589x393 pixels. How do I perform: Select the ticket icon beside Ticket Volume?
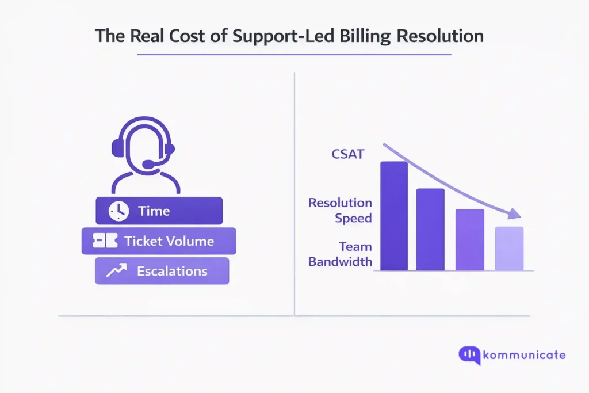(x=105, y=241)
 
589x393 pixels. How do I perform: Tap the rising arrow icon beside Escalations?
(x=117, y=271)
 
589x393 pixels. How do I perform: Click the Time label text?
(x=154, y=211)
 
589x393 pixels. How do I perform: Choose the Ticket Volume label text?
(x=169, y=241)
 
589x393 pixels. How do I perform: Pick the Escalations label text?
(x=172, y=271)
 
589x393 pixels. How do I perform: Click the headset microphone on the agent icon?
(x=148, y=165)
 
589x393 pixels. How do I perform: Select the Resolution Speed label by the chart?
(x=340, y=210)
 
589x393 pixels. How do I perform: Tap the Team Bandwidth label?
(x=340, y=254)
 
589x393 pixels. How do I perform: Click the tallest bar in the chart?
(x=394, y=216)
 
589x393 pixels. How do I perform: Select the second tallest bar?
(x=430, y=229)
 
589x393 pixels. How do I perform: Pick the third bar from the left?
(x=469, y=239)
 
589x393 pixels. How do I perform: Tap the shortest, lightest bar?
(x=509, y=249)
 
